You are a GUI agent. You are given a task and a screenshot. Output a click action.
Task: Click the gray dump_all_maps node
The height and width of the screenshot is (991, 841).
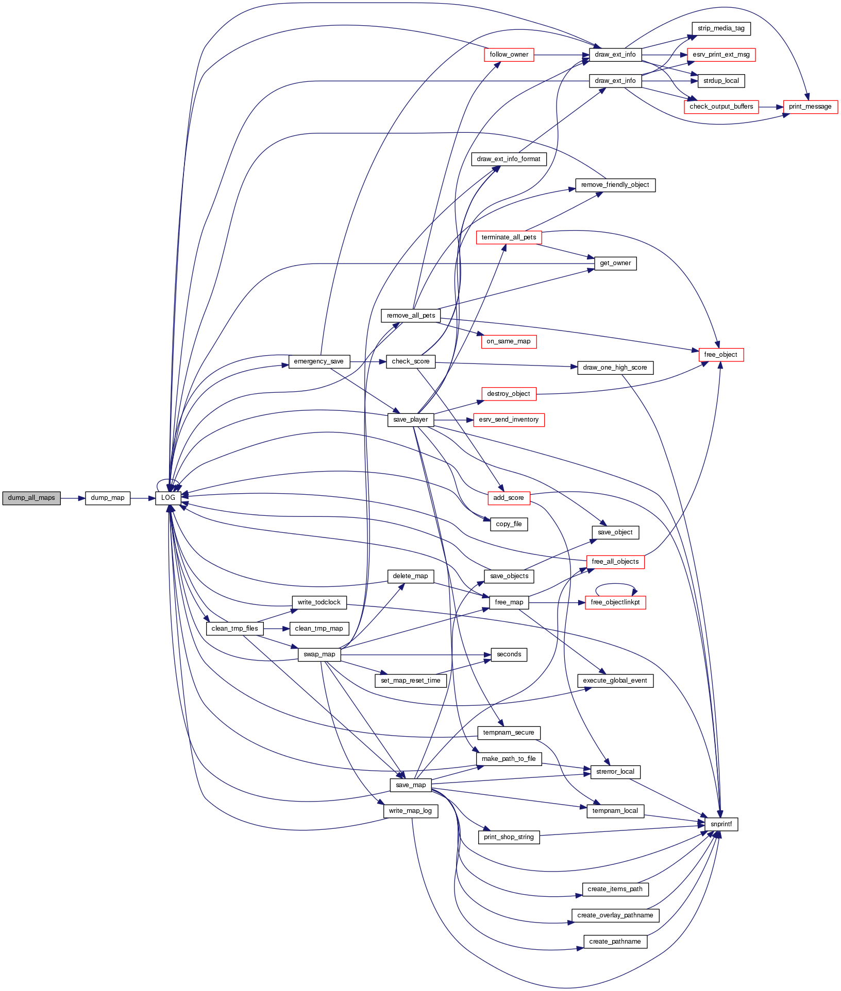31,498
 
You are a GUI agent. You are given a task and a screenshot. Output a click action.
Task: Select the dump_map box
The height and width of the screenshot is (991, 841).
108,498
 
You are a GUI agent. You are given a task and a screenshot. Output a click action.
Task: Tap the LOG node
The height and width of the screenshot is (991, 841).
169,498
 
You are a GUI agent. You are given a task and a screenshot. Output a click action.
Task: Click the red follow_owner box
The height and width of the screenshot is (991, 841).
509,55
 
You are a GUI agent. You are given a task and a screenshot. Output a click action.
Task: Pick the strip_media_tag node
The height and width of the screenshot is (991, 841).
721,28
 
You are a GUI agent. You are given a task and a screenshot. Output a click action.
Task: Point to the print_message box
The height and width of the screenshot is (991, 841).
810,107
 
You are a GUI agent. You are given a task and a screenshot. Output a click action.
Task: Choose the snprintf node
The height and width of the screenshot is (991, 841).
721,824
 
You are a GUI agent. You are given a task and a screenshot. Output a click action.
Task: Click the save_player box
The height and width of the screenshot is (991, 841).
411,420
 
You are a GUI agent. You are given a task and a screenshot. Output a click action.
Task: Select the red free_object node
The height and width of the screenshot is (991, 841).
721,355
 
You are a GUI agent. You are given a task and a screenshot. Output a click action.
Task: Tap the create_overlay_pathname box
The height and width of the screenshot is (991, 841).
615,915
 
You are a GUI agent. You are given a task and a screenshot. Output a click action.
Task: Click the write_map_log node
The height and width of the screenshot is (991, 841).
411,811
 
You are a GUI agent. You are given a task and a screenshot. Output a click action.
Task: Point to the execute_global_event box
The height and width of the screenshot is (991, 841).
615,681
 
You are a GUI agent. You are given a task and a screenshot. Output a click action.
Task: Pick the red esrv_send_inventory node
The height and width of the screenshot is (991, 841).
509,420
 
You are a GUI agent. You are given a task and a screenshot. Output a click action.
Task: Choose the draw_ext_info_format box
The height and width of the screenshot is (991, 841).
509,159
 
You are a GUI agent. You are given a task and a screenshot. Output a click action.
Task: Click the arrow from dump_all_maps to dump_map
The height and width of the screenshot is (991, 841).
73,498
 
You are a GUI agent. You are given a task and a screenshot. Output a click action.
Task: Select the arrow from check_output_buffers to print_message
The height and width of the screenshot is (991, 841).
771,107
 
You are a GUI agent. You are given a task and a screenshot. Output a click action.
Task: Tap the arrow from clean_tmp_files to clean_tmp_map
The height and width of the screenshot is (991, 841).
277,629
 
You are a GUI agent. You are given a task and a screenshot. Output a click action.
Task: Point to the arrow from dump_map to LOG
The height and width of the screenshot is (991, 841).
143,498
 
